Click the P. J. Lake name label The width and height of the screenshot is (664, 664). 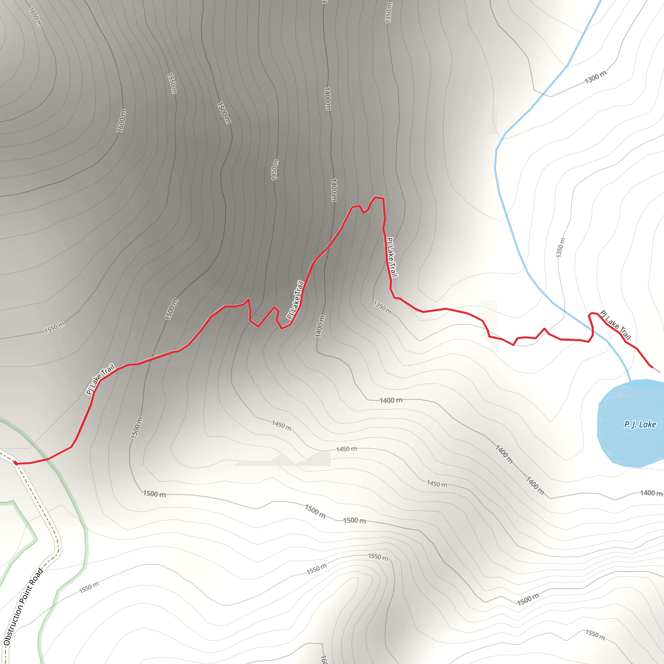[640, 424]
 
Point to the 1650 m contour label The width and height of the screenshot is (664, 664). [35, 17]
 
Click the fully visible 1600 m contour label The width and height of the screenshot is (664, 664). [121, 121]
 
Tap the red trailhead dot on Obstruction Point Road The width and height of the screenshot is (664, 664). [16, 463]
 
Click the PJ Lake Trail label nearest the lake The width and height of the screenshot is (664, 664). [615, 325]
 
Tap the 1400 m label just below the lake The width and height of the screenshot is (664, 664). [651, 493]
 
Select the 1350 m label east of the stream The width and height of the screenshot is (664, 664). [560, 247]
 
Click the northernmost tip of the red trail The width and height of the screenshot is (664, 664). [375, 197]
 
